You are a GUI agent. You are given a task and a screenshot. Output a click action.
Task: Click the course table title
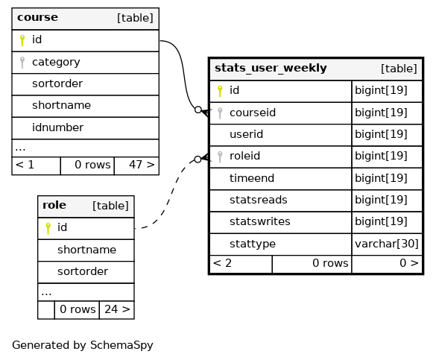pyautogui.click(x=37, y=17)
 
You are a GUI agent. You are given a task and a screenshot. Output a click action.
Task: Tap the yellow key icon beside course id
pyautogui.click(x=22, y=40)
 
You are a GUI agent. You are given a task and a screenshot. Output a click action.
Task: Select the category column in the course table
pyautogui.click(x=56, y=62)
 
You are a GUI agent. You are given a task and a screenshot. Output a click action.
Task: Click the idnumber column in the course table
pyautogui.click(x=57, y=127)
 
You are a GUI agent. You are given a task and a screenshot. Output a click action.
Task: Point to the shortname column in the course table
pyautogui.click(x=61, y=105)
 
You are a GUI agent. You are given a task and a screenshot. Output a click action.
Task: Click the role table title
pyautogui.click(x=54, y=205)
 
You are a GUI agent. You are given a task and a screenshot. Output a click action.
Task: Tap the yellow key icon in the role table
pyautogui.click(x=48, y=229)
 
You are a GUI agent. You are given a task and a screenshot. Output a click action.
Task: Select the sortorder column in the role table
pyautogui.click(x=83, y=271)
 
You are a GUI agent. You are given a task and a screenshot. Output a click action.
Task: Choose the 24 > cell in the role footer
pyautogui.click(x=117, y=309)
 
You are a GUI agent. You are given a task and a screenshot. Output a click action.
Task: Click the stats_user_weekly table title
pyautogui.click(x=271, y=68)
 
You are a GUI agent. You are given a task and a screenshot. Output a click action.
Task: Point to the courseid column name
pyautogui.click(x=253, y=113)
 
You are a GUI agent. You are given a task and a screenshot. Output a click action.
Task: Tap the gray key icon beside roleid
pyautogui.click(x=220, y=157)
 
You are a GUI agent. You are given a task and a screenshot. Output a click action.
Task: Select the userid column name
pyautogui.click(x=246, y=134)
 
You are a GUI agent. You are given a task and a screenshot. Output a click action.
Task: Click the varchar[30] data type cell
pyautogui.click(x=387, y=244)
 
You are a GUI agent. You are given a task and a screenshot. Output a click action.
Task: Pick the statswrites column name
pyautogui.click(x=259, y=221)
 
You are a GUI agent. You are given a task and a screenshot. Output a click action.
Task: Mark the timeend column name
pyautogui.click(x=252, y=178)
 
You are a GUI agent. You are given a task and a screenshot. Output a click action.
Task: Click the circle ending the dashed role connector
pyautogui.click(x=198, y=160)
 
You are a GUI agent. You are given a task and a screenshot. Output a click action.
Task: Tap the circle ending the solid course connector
pyautogui.click(x=198, y=110)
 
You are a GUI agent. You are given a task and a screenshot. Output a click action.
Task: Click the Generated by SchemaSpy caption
pyautogui.click(x=83, y=345)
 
